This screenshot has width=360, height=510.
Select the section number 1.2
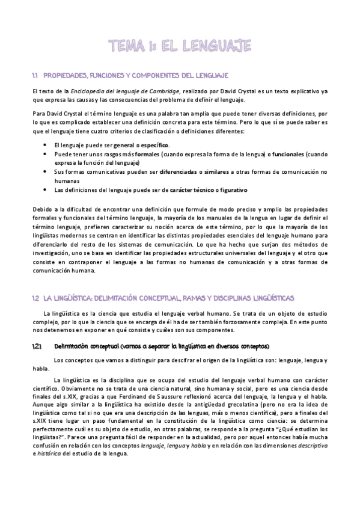(x=35, y=298)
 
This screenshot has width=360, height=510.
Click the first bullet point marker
(x=46, y=145)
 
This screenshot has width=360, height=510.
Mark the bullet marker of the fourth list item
(x=46, y=190)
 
